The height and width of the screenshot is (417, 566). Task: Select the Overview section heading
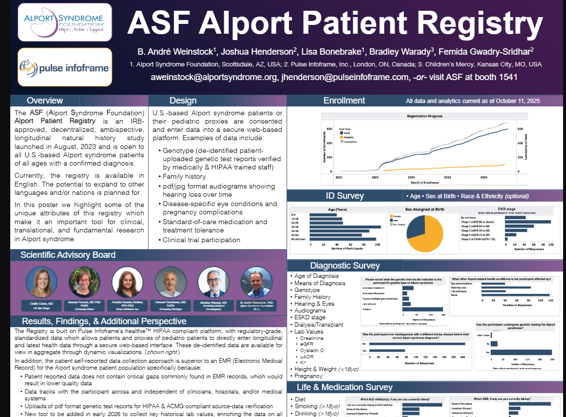(45, 101)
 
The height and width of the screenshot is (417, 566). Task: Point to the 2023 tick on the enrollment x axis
(411, 177)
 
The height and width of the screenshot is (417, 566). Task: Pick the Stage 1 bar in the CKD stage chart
(527, 222)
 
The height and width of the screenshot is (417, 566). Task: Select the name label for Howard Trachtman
(170, 304)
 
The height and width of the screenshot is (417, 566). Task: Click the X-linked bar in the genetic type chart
(422, 309)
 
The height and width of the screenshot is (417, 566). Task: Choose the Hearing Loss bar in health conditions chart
(506, 287)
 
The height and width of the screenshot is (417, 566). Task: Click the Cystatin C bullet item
(312, 350)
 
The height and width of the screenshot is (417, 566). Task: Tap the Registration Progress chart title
(424, 116)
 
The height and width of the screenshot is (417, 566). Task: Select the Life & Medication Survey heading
(345, 387)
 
